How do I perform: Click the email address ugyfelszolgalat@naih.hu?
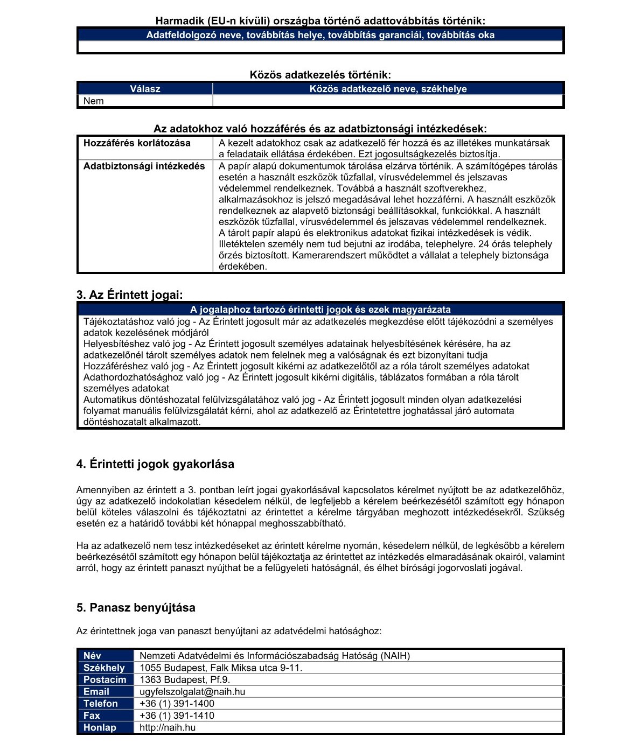pyautogui.click(x=192, y=691)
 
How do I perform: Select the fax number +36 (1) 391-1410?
pyautogui.click(x=177, y=716)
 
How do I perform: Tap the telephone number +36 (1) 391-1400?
pyautogui.click(x=177, y=703)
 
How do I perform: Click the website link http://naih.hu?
pyautogui.click(x=167, y=727)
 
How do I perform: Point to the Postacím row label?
pyautogui.click(x=104, y=679)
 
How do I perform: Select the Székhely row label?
pyautogui.click(x=104, y=668)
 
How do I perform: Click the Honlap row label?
pyautogui.click(x=100, y=727)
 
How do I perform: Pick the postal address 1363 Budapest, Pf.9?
pyautogui.click(x=185, y=679)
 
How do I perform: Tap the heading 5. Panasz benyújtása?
pyautogui.click(x=136, y=608)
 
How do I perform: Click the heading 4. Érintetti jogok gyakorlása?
pyautogui.click(x=155, y=464)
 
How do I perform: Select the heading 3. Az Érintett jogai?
pyautogui.click(x=129, y=295)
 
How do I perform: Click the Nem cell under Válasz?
pyautogui.click(x=94, y=101)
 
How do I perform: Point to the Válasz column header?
pyautogui.click(x=145, y=89)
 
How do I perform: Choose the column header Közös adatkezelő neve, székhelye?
pyautogui.click(x=388, y=89)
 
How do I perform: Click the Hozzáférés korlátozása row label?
pyautogui.click(x=137, y=143)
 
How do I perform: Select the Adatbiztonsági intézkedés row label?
pyautogui.click(x=144, y=166)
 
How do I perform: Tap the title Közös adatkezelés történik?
pyautogui.click(x=320, y=75)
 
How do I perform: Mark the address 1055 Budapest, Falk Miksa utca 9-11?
pyautogui.click(x=221, y=668)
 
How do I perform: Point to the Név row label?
pyautogui.click(x=92, y=656)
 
